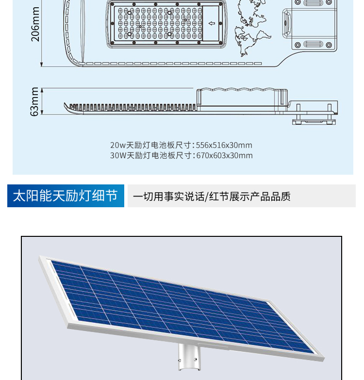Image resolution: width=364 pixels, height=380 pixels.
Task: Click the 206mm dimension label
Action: click(35, 24)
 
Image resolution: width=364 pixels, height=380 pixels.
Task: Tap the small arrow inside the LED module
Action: click(212, 23)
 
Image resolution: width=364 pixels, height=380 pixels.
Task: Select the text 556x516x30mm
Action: click(224, 145)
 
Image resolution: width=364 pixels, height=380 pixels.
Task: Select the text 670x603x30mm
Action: click(224, 155)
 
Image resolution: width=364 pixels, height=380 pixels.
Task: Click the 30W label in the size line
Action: click(118, 155)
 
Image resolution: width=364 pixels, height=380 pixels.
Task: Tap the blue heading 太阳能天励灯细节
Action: click(66, 196)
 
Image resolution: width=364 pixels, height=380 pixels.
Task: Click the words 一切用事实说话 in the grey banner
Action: click(169, 196)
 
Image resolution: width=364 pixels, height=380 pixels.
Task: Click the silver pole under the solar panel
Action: click(189, 356)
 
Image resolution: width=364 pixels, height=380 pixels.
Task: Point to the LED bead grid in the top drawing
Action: click(160, 23)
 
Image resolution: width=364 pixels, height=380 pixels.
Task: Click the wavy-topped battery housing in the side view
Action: click(242, 97)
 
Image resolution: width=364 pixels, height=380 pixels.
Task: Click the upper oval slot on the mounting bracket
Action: click(314, 2)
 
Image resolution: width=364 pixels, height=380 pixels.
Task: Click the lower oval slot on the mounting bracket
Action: click(314, 45)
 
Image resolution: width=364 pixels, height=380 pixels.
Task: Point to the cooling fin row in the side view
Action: click(133, 107)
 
